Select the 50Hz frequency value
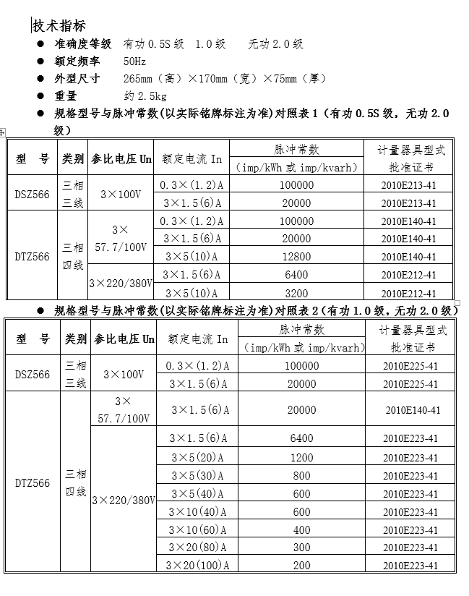pyautogui.click(x=134, y=61)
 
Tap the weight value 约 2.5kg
pyautogui.click(x=145, y=95)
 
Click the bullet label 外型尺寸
pyautogui.click(x=77, y=78)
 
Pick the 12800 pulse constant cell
pyautogui.click(x=296, y=257)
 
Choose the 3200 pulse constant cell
pyautogui.click(x=296, y=294)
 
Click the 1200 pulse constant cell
pyautogui.click(x=301, y=457)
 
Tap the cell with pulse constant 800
pyautogui.click(x=301, y=476)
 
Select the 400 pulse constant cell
pyautogui.click(x=301, y=530)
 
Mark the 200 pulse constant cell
pyautogui.click(x=301, y=566)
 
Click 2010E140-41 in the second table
pyautogui.click(x=413, y=410)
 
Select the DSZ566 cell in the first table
pyautogui.click(x=33, y=194)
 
